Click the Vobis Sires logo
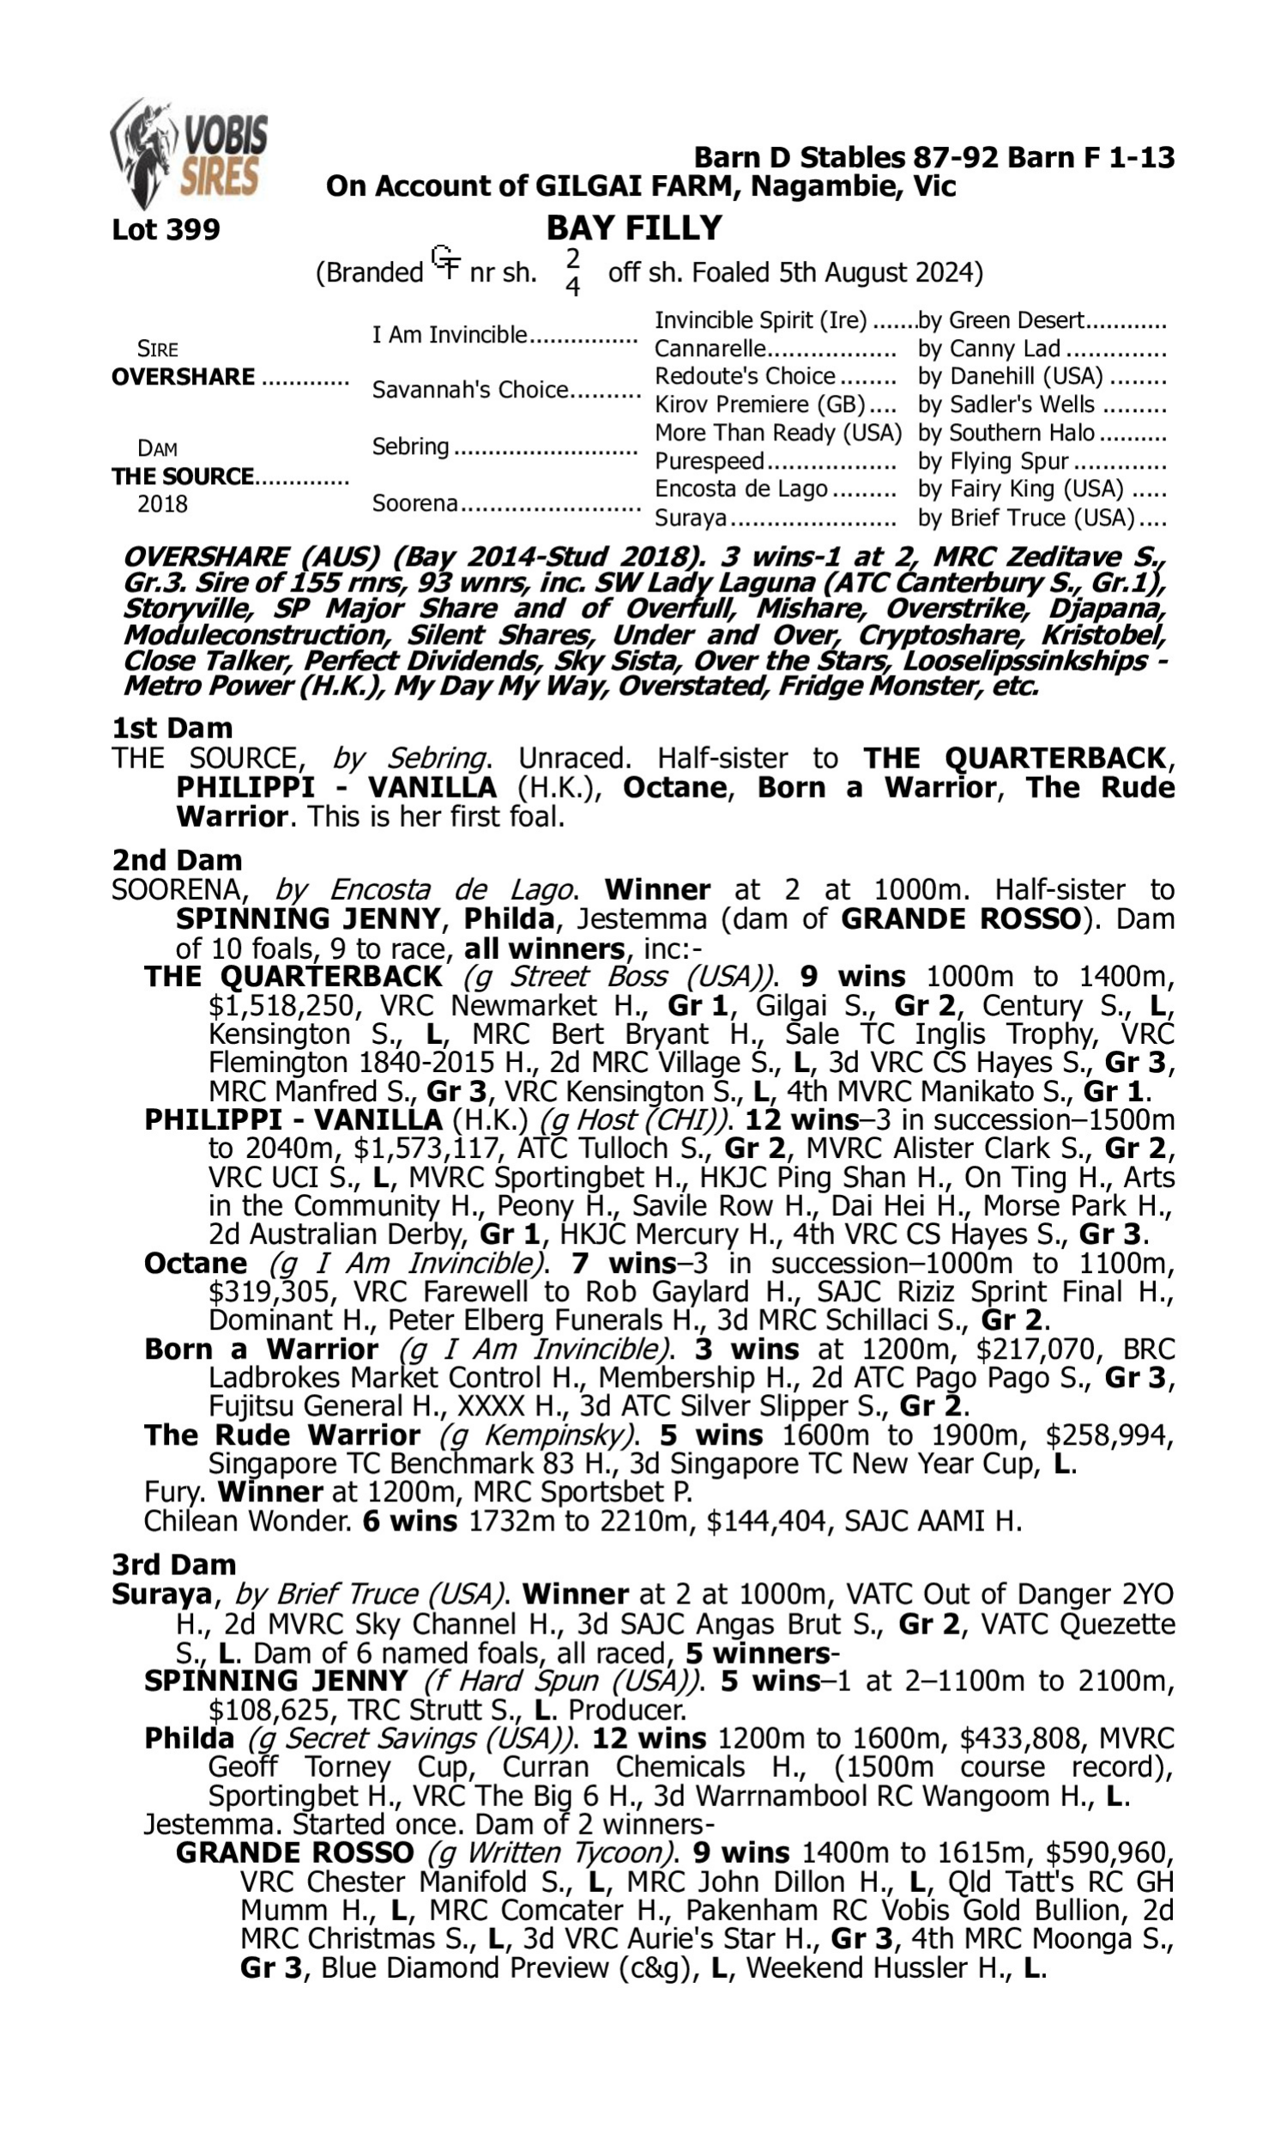click(189, 154)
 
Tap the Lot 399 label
click(166, 230)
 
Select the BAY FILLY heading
click(634, 228)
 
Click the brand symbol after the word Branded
click(446, 262)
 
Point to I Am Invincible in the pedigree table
click(450, 335)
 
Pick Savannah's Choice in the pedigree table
click(469, 391)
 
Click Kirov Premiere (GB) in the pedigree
click(759, 405)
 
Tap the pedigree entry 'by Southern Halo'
click(1006, 433)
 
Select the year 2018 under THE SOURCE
click(162, 505)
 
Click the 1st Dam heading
click(172, 728)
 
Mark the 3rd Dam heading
click(174, 1564)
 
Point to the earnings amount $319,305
click(270, 1292)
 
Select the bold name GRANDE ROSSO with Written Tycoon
click(294, 1852)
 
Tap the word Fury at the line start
click(174, 1492)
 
